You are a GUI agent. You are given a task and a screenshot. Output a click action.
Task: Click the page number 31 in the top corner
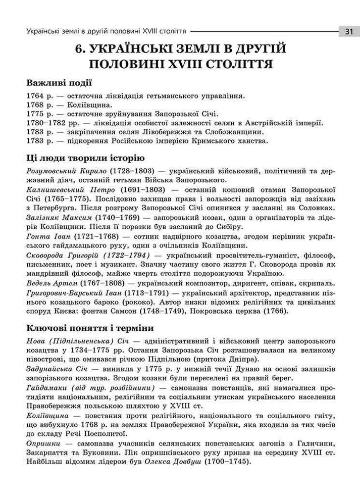[x=348, y=31]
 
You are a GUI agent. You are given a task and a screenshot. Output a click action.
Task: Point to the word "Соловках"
[x=314, y=208]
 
